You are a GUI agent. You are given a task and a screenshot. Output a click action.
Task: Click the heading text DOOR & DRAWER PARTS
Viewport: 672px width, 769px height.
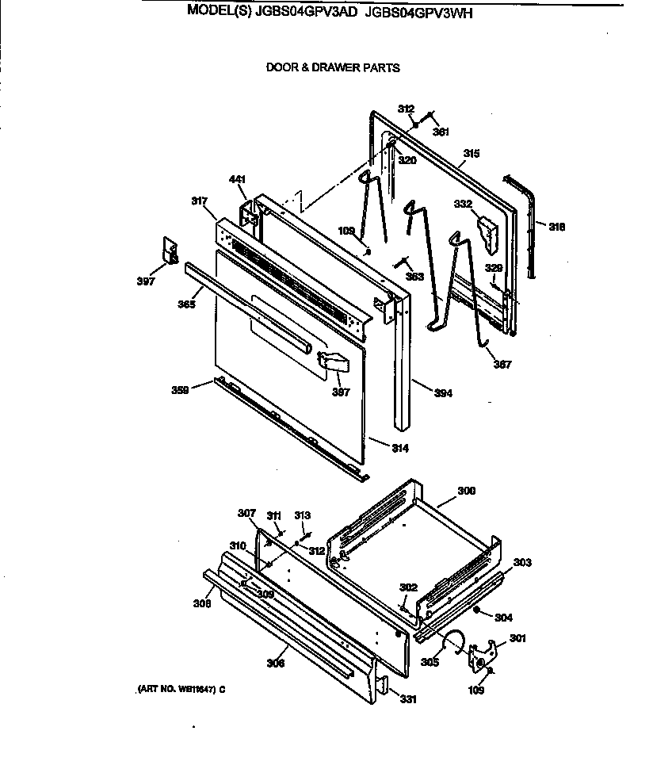[333, 68]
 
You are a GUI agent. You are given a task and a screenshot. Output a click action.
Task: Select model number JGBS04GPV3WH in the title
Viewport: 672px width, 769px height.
[419, 12]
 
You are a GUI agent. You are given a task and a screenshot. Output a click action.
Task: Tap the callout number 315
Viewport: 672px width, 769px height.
[471, 153]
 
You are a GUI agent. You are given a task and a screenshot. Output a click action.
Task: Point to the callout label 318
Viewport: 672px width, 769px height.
[557, 227]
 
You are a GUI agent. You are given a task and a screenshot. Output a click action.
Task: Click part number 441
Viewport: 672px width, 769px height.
[238, 179]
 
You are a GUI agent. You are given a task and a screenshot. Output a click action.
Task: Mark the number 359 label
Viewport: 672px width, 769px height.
[180, 389]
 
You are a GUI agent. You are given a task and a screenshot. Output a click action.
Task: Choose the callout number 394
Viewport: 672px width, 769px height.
[443, 393]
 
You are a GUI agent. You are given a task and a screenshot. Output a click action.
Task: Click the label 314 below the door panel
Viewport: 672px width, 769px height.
[399, 449]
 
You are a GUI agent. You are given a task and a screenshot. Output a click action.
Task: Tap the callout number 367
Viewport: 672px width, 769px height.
[502, 365]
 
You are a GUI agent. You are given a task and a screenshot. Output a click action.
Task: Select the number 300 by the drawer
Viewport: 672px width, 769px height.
[466, 492]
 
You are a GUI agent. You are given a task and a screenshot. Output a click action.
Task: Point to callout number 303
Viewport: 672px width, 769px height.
[522, 562]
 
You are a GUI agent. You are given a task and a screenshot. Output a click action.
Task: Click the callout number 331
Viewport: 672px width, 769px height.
[408, 699]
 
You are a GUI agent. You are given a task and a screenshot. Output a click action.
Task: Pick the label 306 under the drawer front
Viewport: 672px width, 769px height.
[275, 662]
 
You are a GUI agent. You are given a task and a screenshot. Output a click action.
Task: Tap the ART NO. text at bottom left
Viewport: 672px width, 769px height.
[176, 689]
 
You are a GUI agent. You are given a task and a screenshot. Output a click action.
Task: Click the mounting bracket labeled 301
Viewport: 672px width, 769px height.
[483, 655]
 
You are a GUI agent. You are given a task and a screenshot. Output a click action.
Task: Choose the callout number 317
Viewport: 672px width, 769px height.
[199, 201]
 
